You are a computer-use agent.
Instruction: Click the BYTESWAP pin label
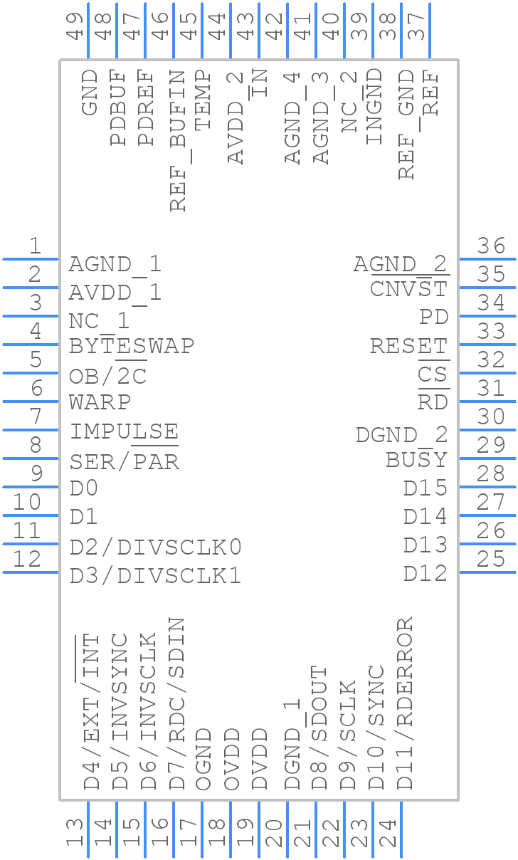coord(132,346)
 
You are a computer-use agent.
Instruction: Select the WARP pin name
coord(100,402)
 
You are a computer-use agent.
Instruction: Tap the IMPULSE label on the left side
coord(124,431)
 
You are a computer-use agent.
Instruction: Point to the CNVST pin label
coord(409,289)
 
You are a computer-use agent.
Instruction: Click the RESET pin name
coord(409,346)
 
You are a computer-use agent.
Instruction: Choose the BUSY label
coord(417,460)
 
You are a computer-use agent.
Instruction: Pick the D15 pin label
coord(425,488)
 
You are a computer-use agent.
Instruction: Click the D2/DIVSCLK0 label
coord(156,547)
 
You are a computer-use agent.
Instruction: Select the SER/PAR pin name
coord(125,462)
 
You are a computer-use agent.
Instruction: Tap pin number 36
coord(492,246)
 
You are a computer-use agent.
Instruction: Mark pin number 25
coord(492,559)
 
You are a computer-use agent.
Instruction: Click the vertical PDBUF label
coord(118,107)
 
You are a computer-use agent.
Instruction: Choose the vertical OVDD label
coord(232,759)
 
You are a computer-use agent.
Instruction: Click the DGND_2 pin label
coord(402,434)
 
